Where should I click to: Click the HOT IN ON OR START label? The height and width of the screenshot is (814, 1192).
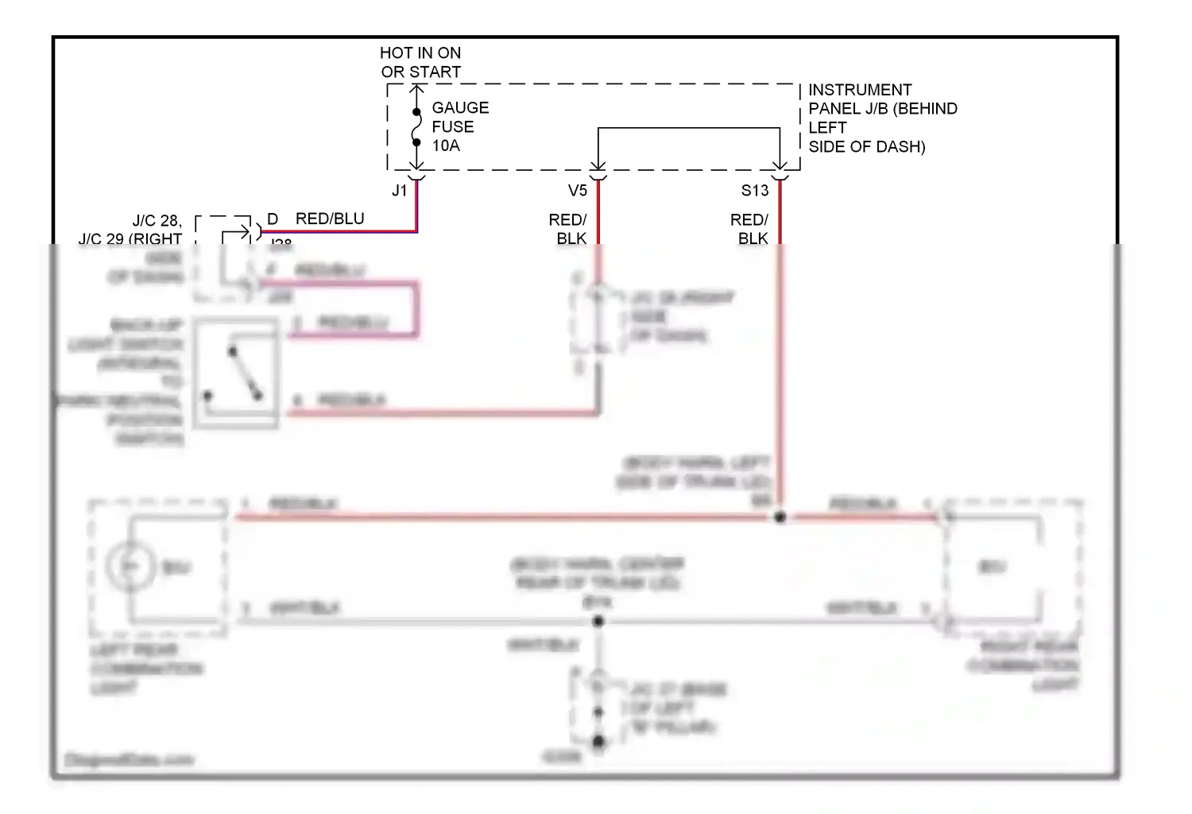coord(420,63)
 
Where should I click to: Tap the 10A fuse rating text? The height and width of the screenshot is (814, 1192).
coord(446,145)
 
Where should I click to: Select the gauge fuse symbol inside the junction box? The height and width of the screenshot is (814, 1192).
coord(416,127)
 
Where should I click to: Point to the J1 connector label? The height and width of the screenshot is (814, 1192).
coord(399,191)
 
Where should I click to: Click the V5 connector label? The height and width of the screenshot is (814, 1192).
coord(578,191)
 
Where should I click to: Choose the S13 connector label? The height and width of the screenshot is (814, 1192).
coord(755,191)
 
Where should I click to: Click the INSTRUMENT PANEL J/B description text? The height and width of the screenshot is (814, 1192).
coord(882,118)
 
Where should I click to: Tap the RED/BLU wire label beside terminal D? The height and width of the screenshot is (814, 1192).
coord(330,219)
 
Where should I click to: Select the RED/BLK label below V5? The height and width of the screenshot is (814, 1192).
coord(568,229)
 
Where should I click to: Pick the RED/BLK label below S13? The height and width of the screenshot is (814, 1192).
coord(749,229)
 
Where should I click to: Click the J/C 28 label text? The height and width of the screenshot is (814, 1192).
coord(157,221)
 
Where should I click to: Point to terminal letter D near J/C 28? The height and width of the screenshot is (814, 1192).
coord(273,219)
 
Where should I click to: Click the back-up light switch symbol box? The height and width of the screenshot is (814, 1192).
coord(236,374)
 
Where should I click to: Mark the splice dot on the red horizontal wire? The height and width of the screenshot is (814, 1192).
coord(780,517)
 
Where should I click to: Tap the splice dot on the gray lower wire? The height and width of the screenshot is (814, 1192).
coord(598,621)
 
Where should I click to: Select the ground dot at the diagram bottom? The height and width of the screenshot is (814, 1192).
coord(598,742)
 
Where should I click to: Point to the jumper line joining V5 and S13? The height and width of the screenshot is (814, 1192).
coord(689,128)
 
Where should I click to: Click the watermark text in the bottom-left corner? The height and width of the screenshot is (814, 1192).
coord(129,760)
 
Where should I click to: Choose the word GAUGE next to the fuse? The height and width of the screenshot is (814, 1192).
coord(460,107)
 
